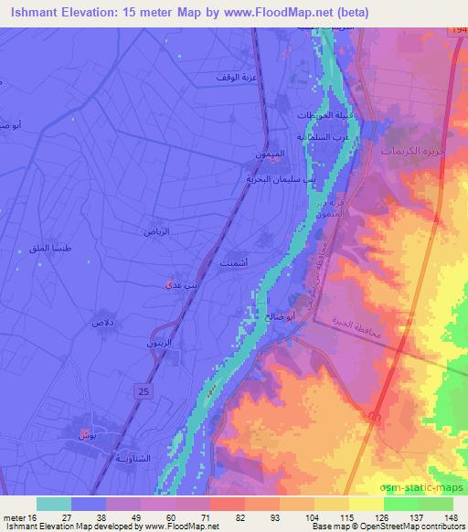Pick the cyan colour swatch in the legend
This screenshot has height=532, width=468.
pos(54,504)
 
